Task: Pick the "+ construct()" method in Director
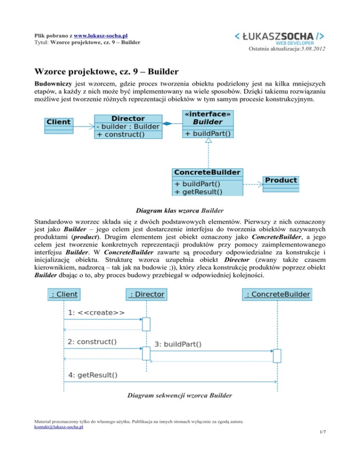120,135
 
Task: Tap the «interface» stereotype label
208,114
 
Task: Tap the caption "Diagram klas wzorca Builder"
180,211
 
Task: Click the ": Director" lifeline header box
147,294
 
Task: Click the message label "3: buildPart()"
178,345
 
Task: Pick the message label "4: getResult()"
93,375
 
